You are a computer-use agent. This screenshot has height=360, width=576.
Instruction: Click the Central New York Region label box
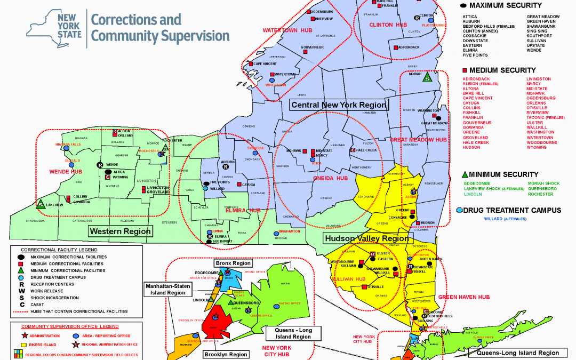tap(339, 105)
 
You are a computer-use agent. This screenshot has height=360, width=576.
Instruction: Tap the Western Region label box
tap(121, 231)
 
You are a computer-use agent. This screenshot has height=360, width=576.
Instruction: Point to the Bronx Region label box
tap(233, 263)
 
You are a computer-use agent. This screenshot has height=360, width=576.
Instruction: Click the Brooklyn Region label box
tap(226, 354)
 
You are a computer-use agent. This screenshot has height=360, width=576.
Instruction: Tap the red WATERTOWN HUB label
tap(280, 30)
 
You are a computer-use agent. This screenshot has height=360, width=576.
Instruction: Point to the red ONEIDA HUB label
tap(330, 179)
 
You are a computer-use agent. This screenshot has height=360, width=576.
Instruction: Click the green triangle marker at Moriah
tap(427, 78)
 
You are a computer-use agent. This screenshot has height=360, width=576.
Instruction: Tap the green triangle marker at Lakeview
tap(40, 203)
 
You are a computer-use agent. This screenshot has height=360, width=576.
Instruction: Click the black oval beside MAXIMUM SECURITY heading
tap(463, 5)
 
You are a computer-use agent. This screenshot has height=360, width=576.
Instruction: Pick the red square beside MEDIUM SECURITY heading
tap(465, 70)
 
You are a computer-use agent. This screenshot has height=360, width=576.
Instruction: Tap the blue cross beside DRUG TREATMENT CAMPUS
tap(459, 211)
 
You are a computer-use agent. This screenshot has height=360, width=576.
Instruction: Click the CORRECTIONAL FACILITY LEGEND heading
tap(59, 250)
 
